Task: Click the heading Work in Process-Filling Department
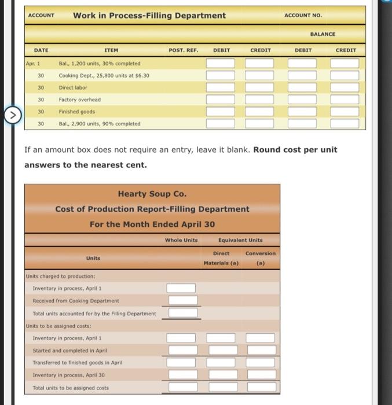[149, 16]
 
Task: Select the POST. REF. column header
[184, 50]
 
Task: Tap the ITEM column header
[110, 50]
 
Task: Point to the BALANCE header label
[323, 34]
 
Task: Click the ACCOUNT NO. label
[303, 16]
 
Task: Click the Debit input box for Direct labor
[222, 87]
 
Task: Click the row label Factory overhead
[79, 100]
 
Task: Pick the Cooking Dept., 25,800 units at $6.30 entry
[104, 75]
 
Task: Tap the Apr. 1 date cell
[33, 63]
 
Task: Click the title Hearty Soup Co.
[152, 194]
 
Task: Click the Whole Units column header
[181, 240]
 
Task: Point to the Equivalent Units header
[240, 240]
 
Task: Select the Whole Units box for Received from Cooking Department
[181, 300]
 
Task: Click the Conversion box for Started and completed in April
[262, 350]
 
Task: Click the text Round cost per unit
[295, 150]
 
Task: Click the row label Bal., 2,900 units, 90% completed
[99, 124]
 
